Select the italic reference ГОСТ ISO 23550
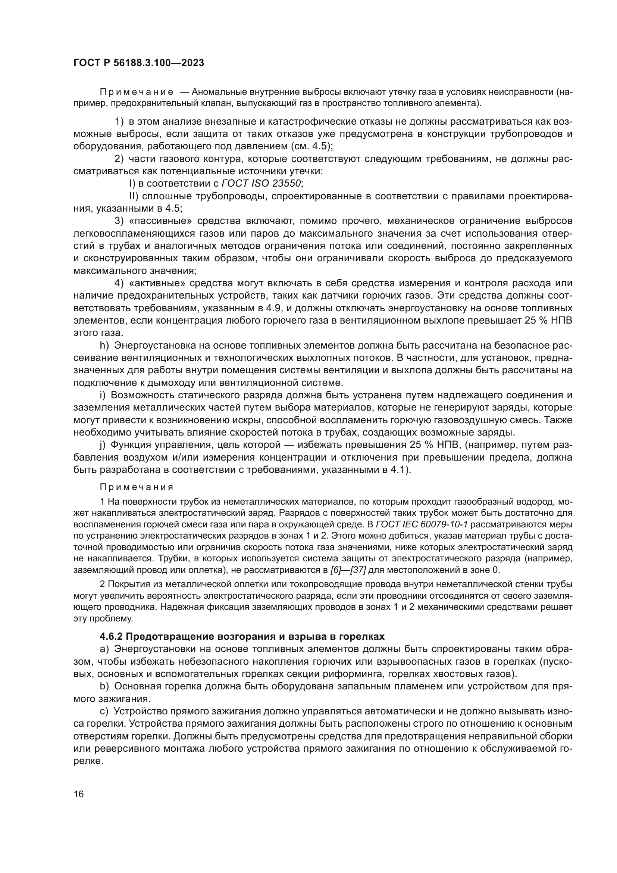262,184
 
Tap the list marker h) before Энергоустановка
104,346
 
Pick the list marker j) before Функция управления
103,445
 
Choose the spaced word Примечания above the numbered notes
137,487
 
